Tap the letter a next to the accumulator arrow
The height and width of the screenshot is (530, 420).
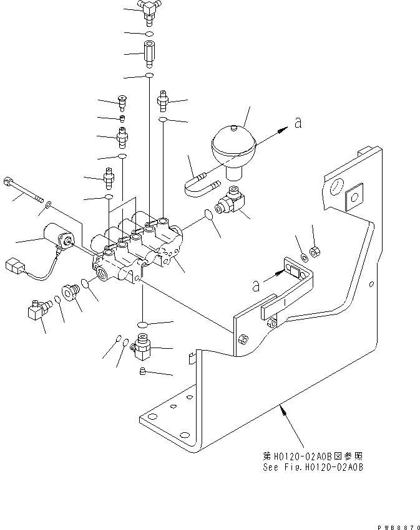298,124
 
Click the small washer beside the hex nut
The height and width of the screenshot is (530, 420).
303,257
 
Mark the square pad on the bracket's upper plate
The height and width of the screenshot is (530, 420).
354,196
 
